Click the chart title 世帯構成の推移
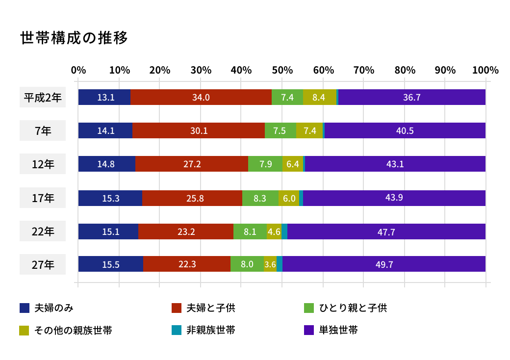pyautogui.click(x=74, y=38)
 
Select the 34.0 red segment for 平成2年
pyautogui.click(x=201, y=97)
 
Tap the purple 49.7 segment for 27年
pyautogui.click(x=384, y=264)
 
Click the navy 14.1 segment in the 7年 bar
pyautogui.click(x=105, y=130)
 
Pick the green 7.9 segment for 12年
pyautogui.click(x=265, y=164)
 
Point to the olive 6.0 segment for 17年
pyautogui.click(x=289, y=198)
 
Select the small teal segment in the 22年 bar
pyautogui.click(x=284, y=231)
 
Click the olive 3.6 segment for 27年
pyautogui.click(x=270, y=264)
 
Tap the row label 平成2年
pyautogui.click(x=43, y=98)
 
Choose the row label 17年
pyautogui.click(x=43, y=198)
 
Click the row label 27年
pyautogui.click(x=43, y=265)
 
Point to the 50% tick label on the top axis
pyautogui.click(x=282, y=70)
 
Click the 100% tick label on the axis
pyautogui.click(x=485, y=70)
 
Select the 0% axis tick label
pyautogui.click(x=78, y=70)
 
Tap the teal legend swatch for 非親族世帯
pyautogui.click(x=177, y=330)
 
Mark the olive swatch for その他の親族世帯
pyautogui.click(x=25, y=330)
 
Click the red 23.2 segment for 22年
pyautogui.click(x=186, y=231)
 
